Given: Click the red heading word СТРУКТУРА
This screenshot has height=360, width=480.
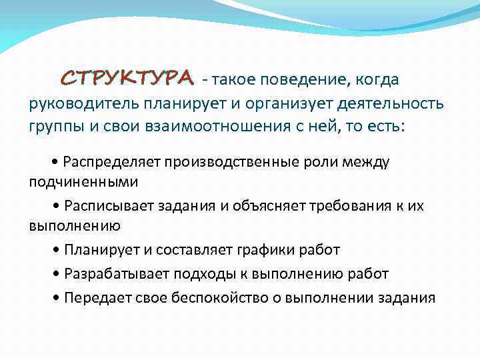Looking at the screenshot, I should (x=127, y=78).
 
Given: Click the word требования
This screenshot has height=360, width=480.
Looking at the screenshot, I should (x=345, y=206).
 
